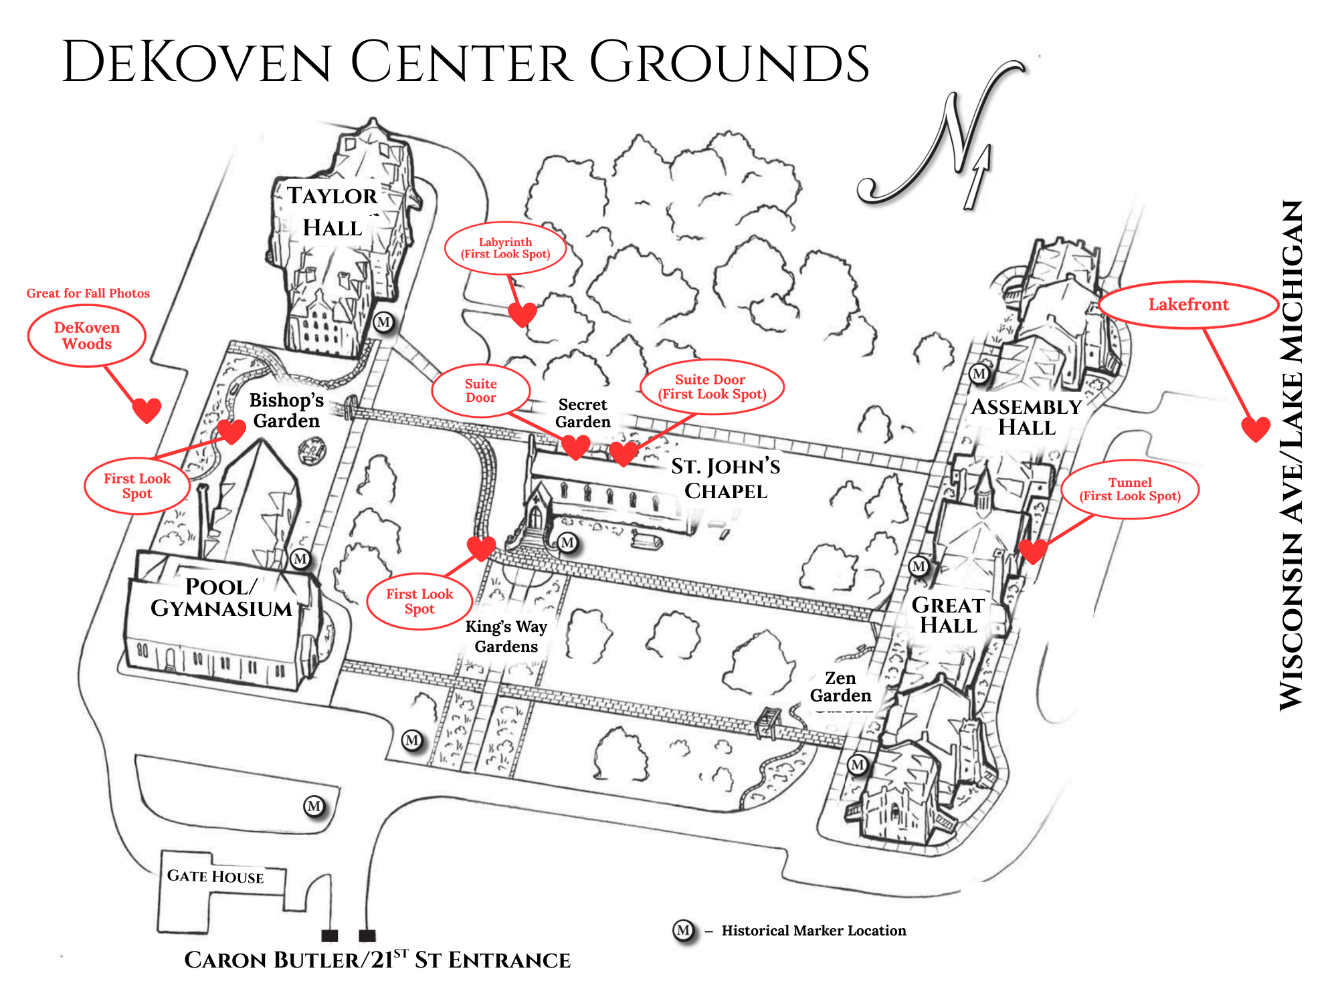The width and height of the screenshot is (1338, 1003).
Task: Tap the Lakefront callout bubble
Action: (1188, 305)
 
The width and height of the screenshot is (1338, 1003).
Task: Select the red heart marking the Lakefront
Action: (1256, 429)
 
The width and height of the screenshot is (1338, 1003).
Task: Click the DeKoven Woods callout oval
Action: (87, 336)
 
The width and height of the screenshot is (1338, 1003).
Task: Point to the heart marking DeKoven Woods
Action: (147, 409)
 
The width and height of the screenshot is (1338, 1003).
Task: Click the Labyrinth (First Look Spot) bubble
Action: (505, 248)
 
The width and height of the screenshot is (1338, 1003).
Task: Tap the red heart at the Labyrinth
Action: (522, 313)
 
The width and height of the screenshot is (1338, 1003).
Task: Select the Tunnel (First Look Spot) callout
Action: (1130, 489)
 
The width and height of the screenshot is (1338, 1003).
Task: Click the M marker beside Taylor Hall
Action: (383, 322)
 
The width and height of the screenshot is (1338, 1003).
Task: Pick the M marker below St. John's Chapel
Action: (567, 542)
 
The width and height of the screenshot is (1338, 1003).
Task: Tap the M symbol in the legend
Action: (683, 930)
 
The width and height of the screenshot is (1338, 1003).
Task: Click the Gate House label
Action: (215, 876)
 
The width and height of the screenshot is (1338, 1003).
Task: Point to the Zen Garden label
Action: (840, 687)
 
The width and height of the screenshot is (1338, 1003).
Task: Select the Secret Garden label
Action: (583, 413)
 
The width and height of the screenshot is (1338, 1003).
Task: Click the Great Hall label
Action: (948, 615)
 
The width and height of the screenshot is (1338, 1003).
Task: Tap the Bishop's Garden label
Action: (286, 410)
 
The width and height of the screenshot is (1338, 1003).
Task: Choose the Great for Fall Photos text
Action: (88, 293)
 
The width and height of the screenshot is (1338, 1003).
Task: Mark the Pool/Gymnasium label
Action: (221, 597)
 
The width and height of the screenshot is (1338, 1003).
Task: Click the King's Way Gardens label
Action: (506, 637)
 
